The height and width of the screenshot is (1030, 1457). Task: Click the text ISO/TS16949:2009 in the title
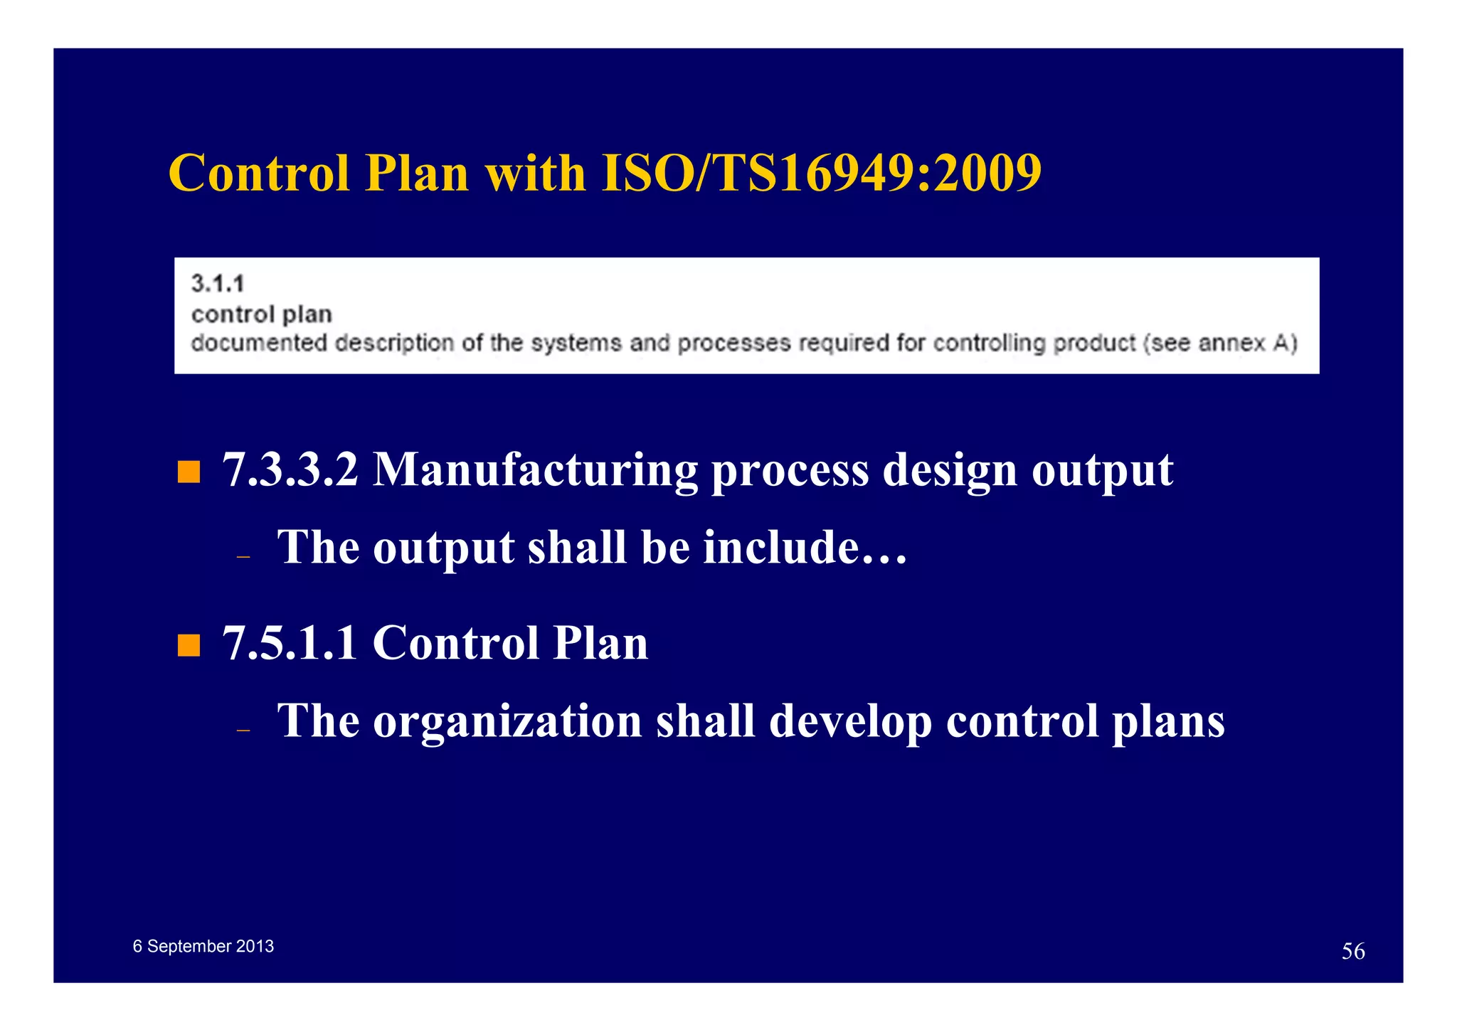821,173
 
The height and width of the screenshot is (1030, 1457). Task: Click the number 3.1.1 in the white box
218,284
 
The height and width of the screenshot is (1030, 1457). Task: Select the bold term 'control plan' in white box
261,314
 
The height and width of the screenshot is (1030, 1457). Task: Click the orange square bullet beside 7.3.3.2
189,472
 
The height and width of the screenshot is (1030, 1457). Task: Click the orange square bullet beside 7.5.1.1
189,645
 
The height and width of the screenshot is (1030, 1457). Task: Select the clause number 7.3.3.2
290,470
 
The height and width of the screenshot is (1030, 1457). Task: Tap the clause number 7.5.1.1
290,643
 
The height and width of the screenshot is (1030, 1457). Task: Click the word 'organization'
507,722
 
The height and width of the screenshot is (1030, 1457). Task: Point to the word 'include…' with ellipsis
805,548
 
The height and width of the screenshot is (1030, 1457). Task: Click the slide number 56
1352,951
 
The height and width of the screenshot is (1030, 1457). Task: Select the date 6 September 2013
203,946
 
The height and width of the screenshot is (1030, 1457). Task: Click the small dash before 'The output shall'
243,556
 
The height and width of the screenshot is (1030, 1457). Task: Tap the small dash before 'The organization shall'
243,730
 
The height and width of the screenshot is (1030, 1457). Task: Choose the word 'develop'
850,722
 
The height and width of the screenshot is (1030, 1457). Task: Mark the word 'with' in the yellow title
534,173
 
